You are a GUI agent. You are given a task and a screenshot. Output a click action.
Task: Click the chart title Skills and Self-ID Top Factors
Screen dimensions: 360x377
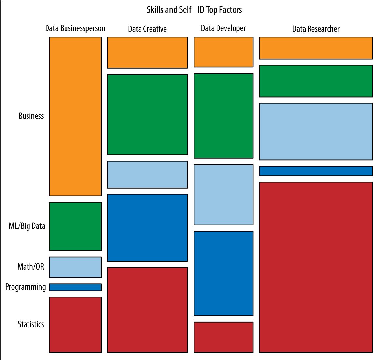[x=194, y=10]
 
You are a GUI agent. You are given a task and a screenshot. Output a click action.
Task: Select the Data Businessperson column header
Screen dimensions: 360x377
[x=75, y=28]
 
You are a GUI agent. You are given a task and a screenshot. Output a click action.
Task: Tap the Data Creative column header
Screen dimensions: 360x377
[x=147, y=29]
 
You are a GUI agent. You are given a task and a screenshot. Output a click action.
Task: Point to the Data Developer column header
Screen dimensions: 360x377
[x=223, y=28]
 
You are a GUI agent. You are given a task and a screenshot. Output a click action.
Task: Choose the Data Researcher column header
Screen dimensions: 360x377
[x=316, y=29]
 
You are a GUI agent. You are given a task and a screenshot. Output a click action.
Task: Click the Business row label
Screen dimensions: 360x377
[x=31, y=116]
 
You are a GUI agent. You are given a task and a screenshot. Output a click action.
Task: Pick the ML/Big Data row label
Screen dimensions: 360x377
[x=27, y=226]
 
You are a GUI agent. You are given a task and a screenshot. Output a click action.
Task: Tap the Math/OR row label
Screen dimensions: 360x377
[x=30, y=267]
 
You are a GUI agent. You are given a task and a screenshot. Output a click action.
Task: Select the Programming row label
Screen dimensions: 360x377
[x=26, y=287]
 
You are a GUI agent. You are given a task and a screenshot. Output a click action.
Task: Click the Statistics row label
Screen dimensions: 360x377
[x=31, y=324]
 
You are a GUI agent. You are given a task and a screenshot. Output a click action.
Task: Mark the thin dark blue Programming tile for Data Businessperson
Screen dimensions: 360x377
[x=75, y=287]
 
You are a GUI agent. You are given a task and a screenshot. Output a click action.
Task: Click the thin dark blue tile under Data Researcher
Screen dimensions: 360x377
[x=316, y=171]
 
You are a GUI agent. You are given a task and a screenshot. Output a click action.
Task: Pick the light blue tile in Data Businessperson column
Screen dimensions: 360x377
[x=75, y=267]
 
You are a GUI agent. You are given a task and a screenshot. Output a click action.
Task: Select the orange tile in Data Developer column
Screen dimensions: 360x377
[x=223, y=52]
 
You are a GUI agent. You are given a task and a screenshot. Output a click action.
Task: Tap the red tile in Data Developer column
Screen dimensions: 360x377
[x=223, y=337]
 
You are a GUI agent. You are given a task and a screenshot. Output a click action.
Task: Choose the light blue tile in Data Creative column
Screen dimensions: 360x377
[x=147, y=174]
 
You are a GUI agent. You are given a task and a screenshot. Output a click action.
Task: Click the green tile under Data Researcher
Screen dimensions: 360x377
[x=316, y=81]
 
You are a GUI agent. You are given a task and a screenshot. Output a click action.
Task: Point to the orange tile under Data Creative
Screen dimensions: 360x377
[x=147, y=52]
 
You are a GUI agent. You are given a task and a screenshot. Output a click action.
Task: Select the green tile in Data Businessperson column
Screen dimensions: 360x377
[x=75, y=226]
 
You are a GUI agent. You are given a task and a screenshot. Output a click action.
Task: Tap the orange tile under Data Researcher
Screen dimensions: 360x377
[x=316, y=48]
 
